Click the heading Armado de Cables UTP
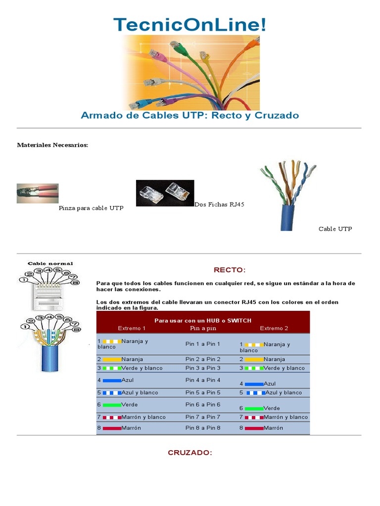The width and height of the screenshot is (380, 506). pos(190,115)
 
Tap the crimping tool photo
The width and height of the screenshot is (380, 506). pos(38,194)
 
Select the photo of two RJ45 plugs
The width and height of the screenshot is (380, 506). pos(165,193)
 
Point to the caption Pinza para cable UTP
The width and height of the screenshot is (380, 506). pos(91,208)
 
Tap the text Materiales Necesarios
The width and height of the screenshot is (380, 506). pos(52,145)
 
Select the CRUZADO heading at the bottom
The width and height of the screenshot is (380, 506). pos(190,452)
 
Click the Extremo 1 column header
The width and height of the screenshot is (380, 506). pos(132,328)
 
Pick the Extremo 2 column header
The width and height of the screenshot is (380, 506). pos(274,328)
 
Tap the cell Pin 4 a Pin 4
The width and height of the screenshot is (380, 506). pos(203,380)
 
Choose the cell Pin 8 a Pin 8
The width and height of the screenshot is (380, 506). pos(203,428)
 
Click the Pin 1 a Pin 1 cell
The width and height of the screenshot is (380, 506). pos(203,343)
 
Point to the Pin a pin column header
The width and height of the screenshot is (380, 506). pos(204,328)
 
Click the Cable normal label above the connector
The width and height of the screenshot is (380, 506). pos(50,263)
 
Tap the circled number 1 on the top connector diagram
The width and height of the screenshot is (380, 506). pos(23,280)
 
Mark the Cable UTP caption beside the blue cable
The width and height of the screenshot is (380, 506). pos(335,229)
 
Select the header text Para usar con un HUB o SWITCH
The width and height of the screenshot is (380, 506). pos(203,320)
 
